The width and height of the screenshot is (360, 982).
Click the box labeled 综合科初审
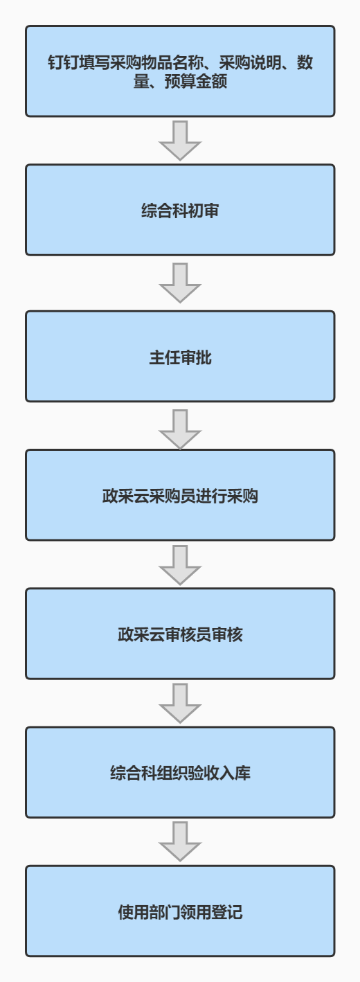coord(180,210)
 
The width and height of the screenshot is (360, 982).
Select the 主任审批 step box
coord(180,356)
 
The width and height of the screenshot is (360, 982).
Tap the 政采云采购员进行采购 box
coord(180,494)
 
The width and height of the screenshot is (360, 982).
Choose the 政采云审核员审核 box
coord(180,634)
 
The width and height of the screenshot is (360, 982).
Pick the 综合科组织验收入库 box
coord(180,772)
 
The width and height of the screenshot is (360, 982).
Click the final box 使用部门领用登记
coord(180,911)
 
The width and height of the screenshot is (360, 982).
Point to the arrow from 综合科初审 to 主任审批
coord(180,283)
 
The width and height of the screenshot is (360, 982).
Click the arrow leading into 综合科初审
coord(180,141)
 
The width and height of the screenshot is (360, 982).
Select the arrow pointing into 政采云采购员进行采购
coord(180,429)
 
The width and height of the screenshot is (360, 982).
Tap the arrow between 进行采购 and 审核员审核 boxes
coord(180,565)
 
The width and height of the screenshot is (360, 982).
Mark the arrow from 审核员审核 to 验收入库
coord(180,703)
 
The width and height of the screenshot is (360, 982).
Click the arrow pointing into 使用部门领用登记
coord(180,841)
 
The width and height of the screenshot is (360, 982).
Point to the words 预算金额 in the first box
coord(195,81)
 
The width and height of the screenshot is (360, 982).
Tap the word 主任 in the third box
coord(165,358)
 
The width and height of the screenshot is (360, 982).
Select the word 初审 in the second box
coord(204,211)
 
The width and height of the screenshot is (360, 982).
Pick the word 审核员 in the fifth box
coord(188,635)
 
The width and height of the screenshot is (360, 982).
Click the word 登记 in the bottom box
coord(226,912)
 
